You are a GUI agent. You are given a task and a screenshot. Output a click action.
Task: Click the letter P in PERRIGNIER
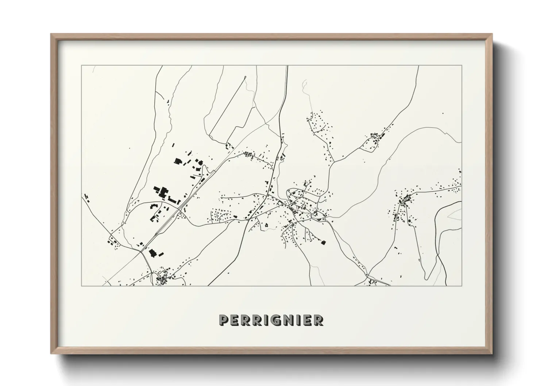coord(224,320)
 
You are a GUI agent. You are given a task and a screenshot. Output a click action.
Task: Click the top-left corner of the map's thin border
coord(82,66)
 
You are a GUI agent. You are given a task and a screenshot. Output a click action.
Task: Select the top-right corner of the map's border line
coord(462,66)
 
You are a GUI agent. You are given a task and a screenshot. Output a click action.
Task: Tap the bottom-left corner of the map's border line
coord(82,286)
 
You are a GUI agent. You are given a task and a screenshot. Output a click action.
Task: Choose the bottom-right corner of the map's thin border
coord(462,286)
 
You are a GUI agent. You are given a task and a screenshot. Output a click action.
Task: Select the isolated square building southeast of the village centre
coord(323,242)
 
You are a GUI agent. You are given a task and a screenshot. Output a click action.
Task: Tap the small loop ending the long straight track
coord(245,77)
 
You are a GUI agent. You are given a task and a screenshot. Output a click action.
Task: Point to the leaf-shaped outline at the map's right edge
coord(455,215)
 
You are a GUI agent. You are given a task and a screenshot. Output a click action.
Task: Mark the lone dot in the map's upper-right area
coord(443,113)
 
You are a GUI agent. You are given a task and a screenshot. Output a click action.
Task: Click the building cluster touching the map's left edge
coord(86,198)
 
